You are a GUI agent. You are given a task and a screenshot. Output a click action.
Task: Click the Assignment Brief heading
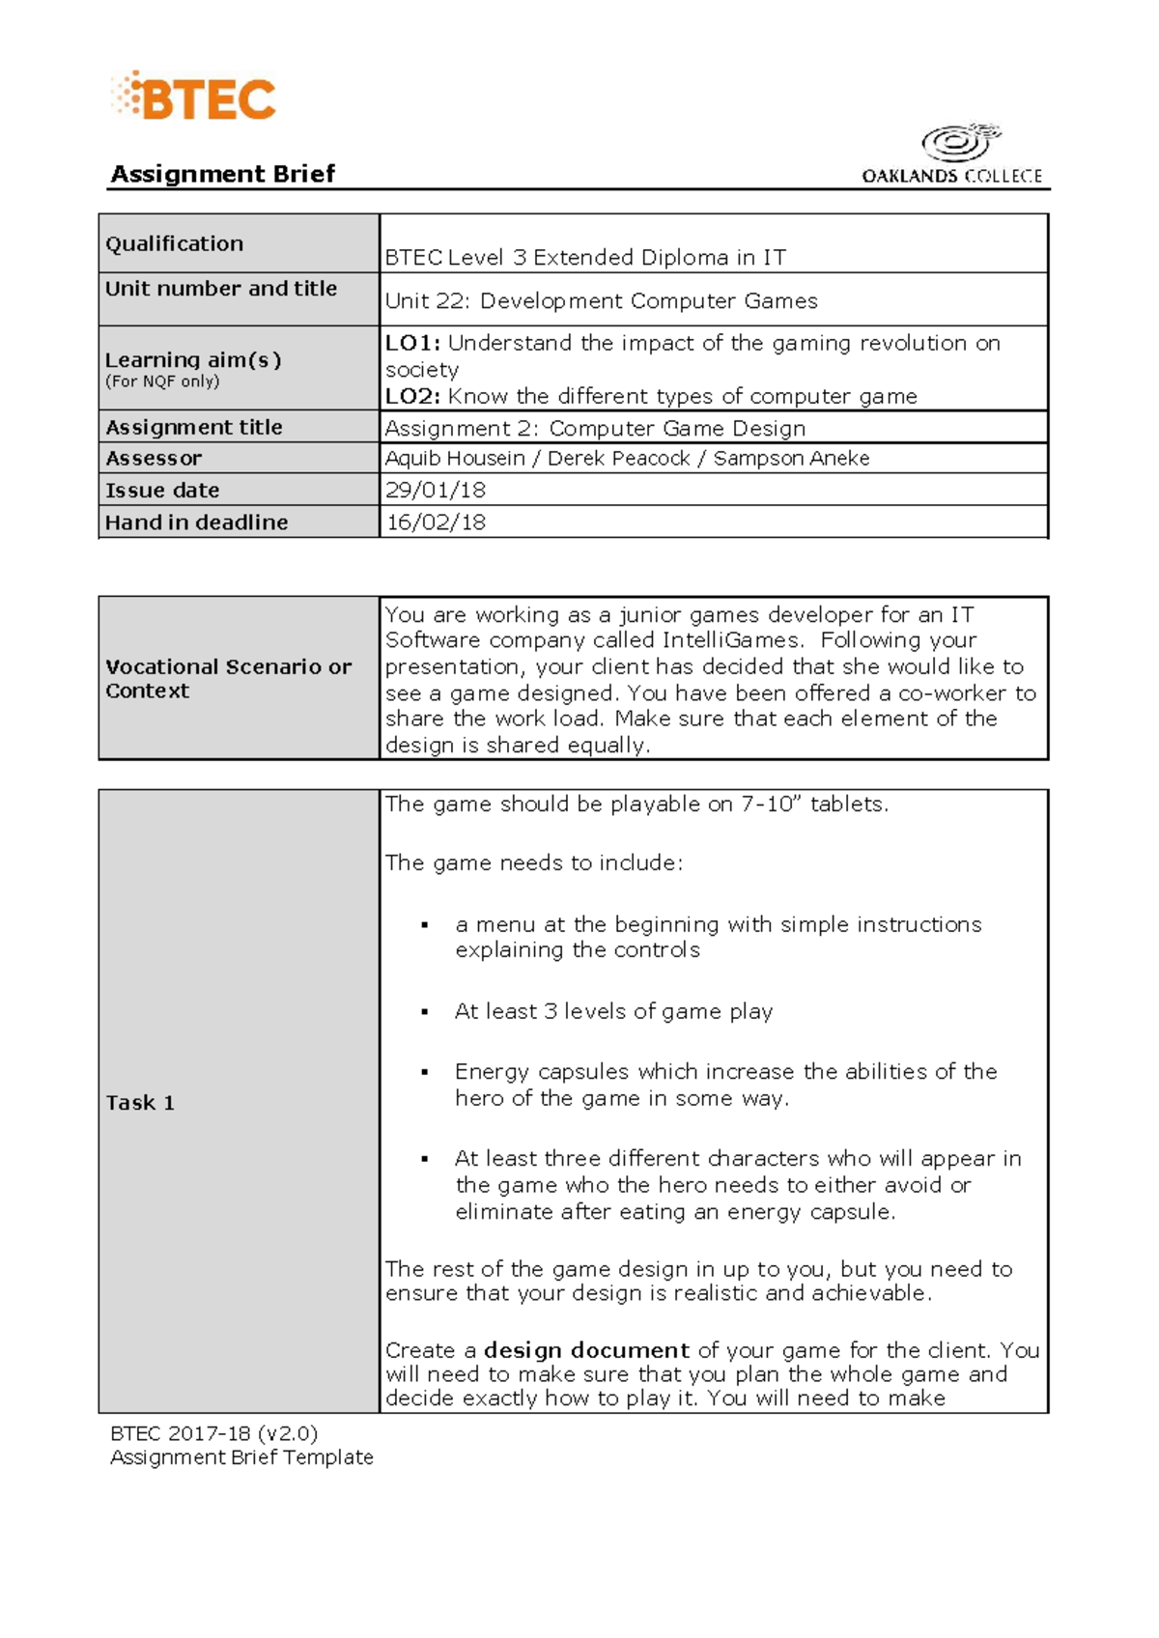tap(223, 174)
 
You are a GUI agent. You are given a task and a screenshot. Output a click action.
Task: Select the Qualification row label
tap(175, 243)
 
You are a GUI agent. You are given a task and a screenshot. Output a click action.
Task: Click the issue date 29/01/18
tap(436, 490)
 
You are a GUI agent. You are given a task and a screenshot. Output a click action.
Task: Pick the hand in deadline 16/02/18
tap(436, 522)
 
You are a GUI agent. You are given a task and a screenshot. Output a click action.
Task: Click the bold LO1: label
tap(412, 343)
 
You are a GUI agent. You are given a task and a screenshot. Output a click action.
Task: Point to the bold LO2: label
tap(412, 396)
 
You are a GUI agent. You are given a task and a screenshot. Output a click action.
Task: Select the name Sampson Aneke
tap(791, 458)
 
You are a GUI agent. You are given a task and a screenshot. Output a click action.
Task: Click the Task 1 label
tap(141, 1103)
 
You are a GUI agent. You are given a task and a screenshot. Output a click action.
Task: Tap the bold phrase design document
tap(586, 1350)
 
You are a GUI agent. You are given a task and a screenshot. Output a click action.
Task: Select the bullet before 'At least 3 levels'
tap(424, 1012)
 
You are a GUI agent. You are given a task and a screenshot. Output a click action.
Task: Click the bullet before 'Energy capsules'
tap(424, 1072)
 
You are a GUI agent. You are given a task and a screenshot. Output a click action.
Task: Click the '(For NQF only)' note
tap(162, 381)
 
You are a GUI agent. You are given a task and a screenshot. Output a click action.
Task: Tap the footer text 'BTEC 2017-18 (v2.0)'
tap(214, 1433)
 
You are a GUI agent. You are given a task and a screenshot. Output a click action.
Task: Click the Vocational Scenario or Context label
tap(228, 678)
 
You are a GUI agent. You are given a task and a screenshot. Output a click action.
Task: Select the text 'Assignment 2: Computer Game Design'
tap(595, 428)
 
